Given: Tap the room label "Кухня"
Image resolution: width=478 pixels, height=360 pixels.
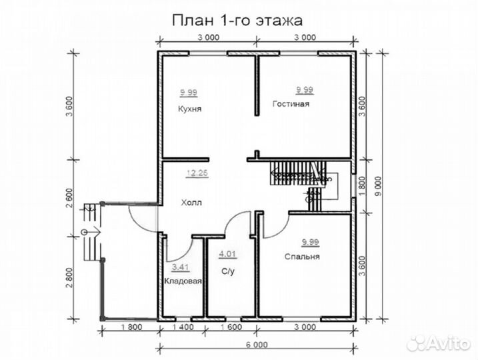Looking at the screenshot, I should pos(190,108).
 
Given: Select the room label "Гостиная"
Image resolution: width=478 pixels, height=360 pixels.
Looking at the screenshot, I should pos(291,104).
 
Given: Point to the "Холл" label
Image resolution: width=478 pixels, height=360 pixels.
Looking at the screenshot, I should pos(189,200).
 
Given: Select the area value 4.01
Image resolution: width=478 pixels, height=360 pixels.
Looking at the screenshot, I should pos(227,253).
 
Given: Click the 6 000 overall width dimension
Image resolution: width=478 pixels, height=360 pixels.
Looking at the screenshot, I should pos(256,345).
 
